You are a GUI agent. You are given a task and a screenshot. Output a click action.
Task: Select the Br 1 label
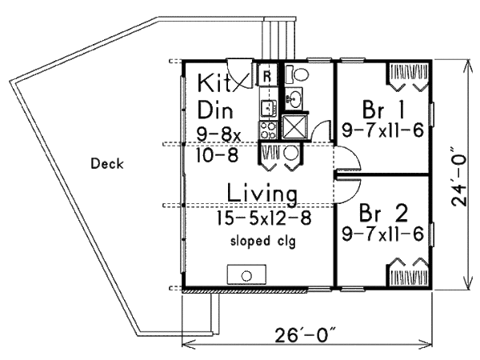point(380,109)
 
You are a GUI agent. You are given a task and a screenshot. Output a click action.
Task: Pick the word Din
point(214,109)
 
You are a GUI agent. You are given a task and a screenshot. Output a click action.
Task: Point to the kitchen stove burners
point(267,127)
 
